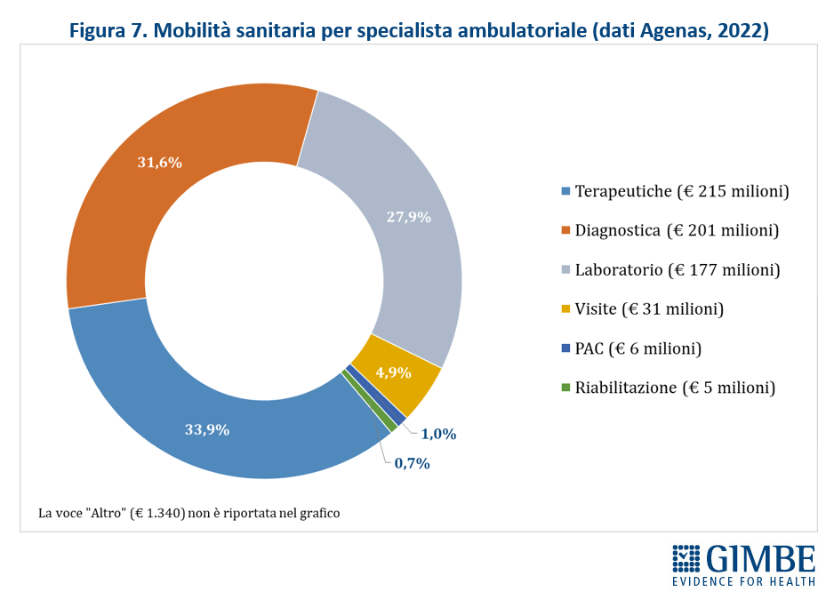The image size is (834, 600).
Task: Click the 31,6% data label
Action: click(160, 163)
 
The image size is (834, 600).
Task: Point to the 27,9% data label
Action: click(409, 217)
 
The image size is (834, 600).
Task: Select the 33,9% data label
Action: click(207, 429)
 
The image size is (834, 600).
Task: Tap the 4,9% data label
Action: click(393, 372)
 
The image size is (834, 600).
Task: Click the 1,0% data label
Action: click(438, 434)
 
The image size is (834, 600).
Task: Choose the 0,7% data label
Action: click(413, 463)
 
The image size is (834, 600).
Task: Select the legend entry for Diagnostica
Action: click(677, 230)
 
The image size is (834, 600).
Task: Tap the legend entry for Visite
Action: click(649, 309)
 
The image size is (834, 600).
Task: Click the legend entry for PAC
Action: click(638, 348)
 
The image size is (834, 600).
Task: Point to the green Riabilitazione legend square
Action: click(565, 388)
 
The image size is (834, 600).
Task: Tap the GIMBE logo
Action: click(743, 565)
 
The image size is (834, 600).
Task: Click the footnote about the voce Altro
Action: click(188, 513)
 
